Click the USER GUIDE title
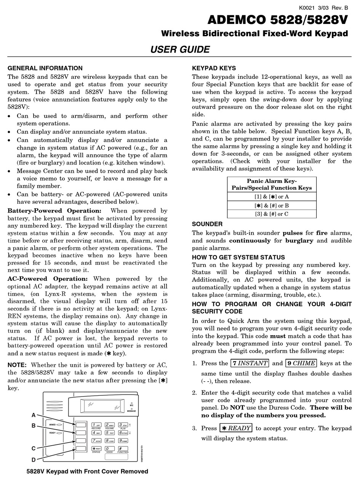[180, 50]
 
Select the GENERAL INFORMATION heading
[45, 68]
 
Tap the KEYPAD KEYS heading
[214, 68]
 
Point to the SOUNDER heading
[207, 224]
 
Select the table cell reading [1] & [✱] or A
[272, 197]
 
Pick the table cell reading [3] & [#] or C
[272, 214]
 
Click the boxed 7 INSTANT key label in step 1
[250, 363]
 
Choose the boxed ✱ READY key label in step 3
[236, 428]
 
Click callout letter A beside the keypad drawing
[34, 415]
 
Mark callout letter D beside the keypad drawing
[34, 460]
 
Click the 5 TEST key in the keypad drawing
[110, 433]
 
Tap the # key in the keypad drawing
[123, 449]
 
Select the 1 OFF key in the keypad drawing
[96, 425]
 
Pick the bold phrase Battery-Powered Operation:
[54, 211]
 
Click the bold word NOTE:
[17, 365]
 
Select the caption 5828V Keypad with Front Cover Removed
[87, 472]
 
